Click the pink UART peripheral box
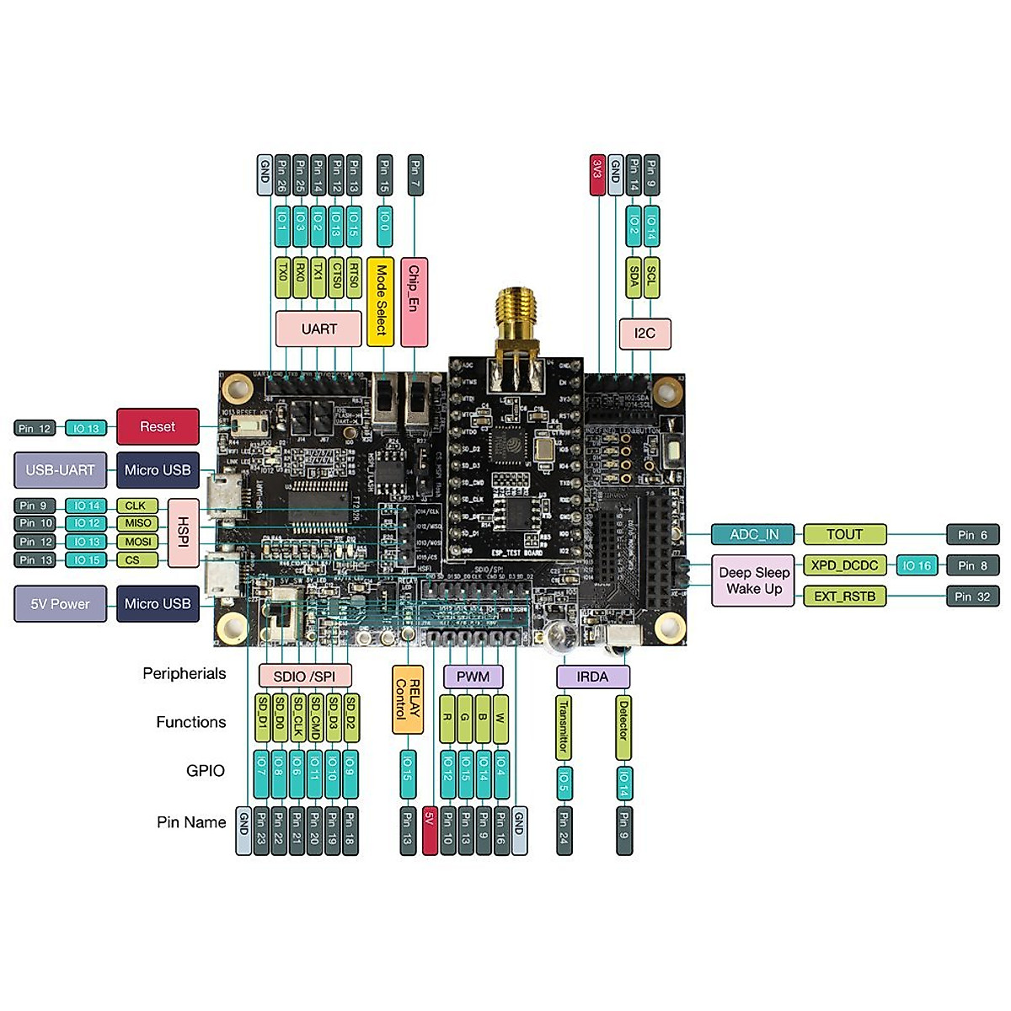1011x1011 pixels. coord(318,329)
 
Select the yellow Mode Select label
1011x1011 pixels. coord(383,301)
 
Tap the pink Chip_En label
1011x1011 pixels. coord(414,301)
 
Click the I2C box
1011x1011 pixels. coord(645,334)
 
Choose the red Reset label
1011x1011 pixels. coord(158,427)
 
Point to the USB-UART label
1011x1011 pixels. coord(60,470)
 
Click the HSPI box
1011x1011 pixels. coord(183,532)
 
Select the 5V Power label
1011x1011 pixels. coord(60,604)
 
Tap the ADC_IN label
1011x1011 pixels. coord(754,534)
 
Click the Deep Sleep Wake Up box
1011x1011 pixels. coord(754,580)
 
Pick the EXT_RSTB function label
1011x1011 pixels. coord(844,596)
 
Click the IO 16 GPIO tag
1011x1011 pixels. coord(917,565)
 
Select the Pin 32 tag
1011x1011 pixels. coord(971,596)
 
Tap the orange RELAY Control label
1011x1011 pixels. coord(408,698)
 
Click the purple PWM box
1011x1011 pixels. coord(473,677)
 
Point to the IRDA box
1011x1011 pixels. coord(592,677)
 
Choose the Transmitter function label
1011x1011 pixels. coord(563,726)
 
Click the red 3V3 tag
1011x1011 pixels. coord(597,175)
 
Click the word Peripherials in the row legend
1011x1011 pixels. coord(184,673)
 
